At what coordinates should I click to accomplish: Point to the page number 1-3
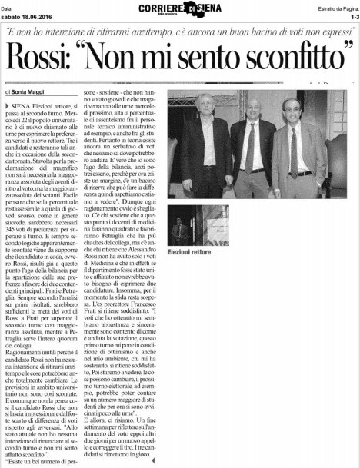(x=352, y=15)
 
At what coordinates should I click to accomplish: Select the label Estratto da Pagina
(x=332, y=6)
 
